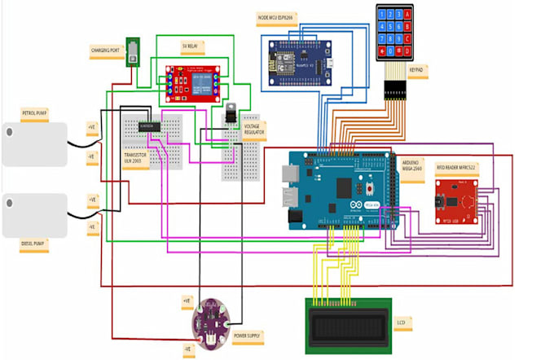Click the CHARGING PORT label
coord(106,50)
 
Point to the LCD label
coord(401,323)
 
